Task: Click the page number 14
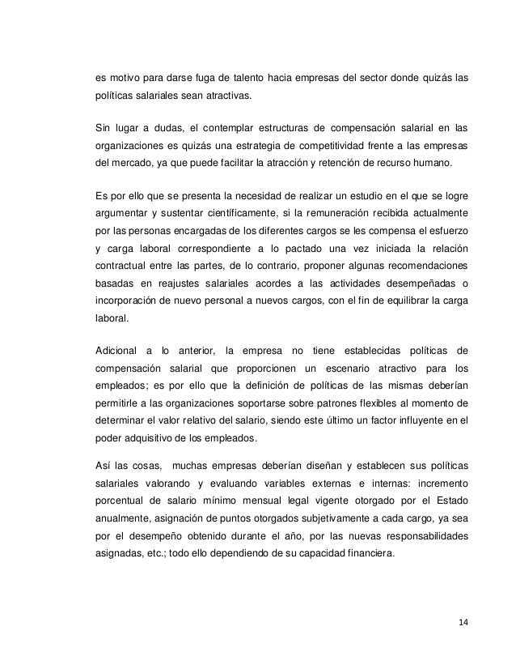click(461, 622)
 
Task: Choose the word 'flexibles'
click(335, 403)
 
